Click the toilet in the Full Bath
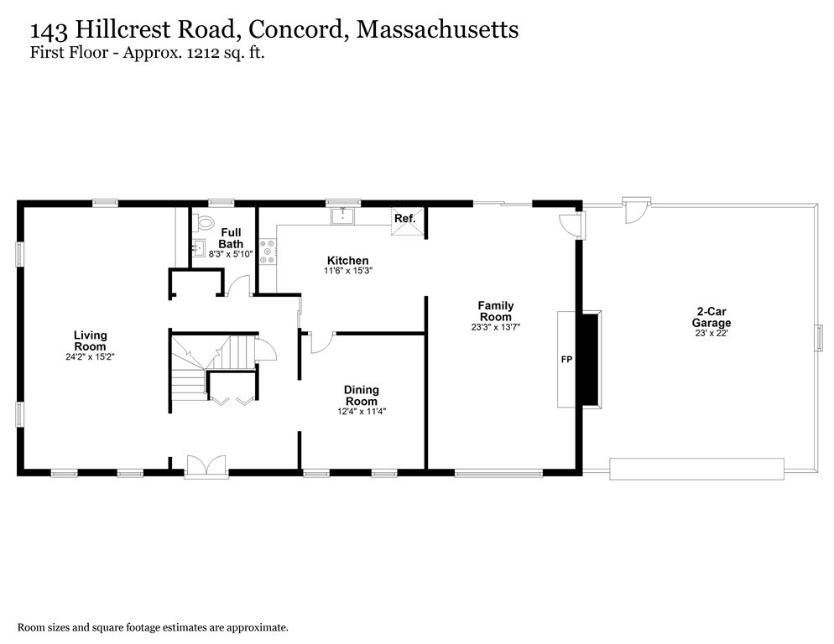[x=206, y=223]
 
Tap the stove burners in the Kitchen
[x=268, y=252]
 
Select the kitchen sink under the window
[x=343, y=217]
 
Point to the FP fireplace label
[x=566, y=360]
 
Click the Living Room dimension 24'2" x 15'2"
[x=90, y=357]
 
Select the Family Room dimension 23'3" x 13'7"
[x=495, y=328]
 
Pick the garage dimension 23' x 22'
[x=711, y=334]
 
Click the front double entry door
[x=206, y=466]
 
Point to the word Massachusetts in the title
[x=437, y=29]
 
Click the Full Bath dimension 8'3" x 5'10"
[x=231, y=254]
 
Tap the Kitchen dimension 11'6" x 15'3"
[x=347, y=271]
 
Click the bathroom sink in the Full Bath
[x=199, y=247]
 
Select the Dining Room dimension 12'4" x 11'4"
[x=361, y=411]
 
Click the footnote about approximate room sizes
[x=154, y=626]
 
